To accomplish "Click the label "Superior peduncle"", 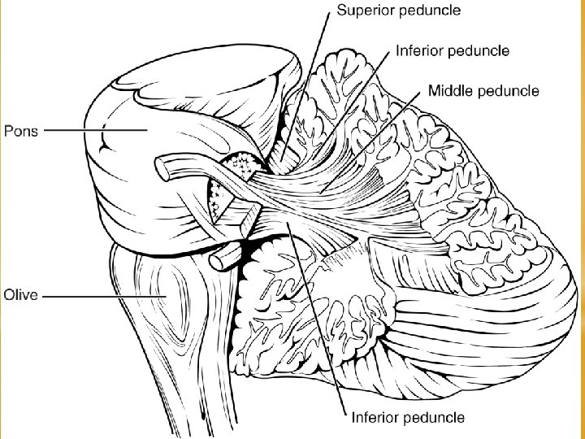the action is (x=398, y=11).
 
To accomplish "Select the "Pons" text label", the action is (x=21, y=131).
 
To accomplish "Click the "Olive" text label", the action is (x=21, y=295).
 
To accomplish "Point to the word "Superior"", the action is (x=365, y=11).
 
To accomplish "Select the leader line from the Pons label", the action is (x=96, y=130).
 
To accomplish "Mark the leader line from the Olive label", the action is (x=104, y=297).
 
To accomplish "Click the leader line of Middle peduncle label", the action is (x=370, y=142).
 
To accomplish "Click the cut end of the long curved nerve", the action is (x=162, y=169).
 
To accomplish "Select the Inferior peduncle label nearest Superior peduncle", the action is (x=453, y=50).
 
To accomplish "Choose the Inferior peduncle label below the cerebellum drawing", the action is (x=408, y=417).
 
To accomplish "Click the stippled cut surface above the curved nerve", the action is (x=242, y=164).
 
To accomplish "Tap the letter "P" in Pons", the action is (x=7, y=131).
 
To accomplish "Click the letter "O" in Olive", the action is (x=8, y=295).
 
